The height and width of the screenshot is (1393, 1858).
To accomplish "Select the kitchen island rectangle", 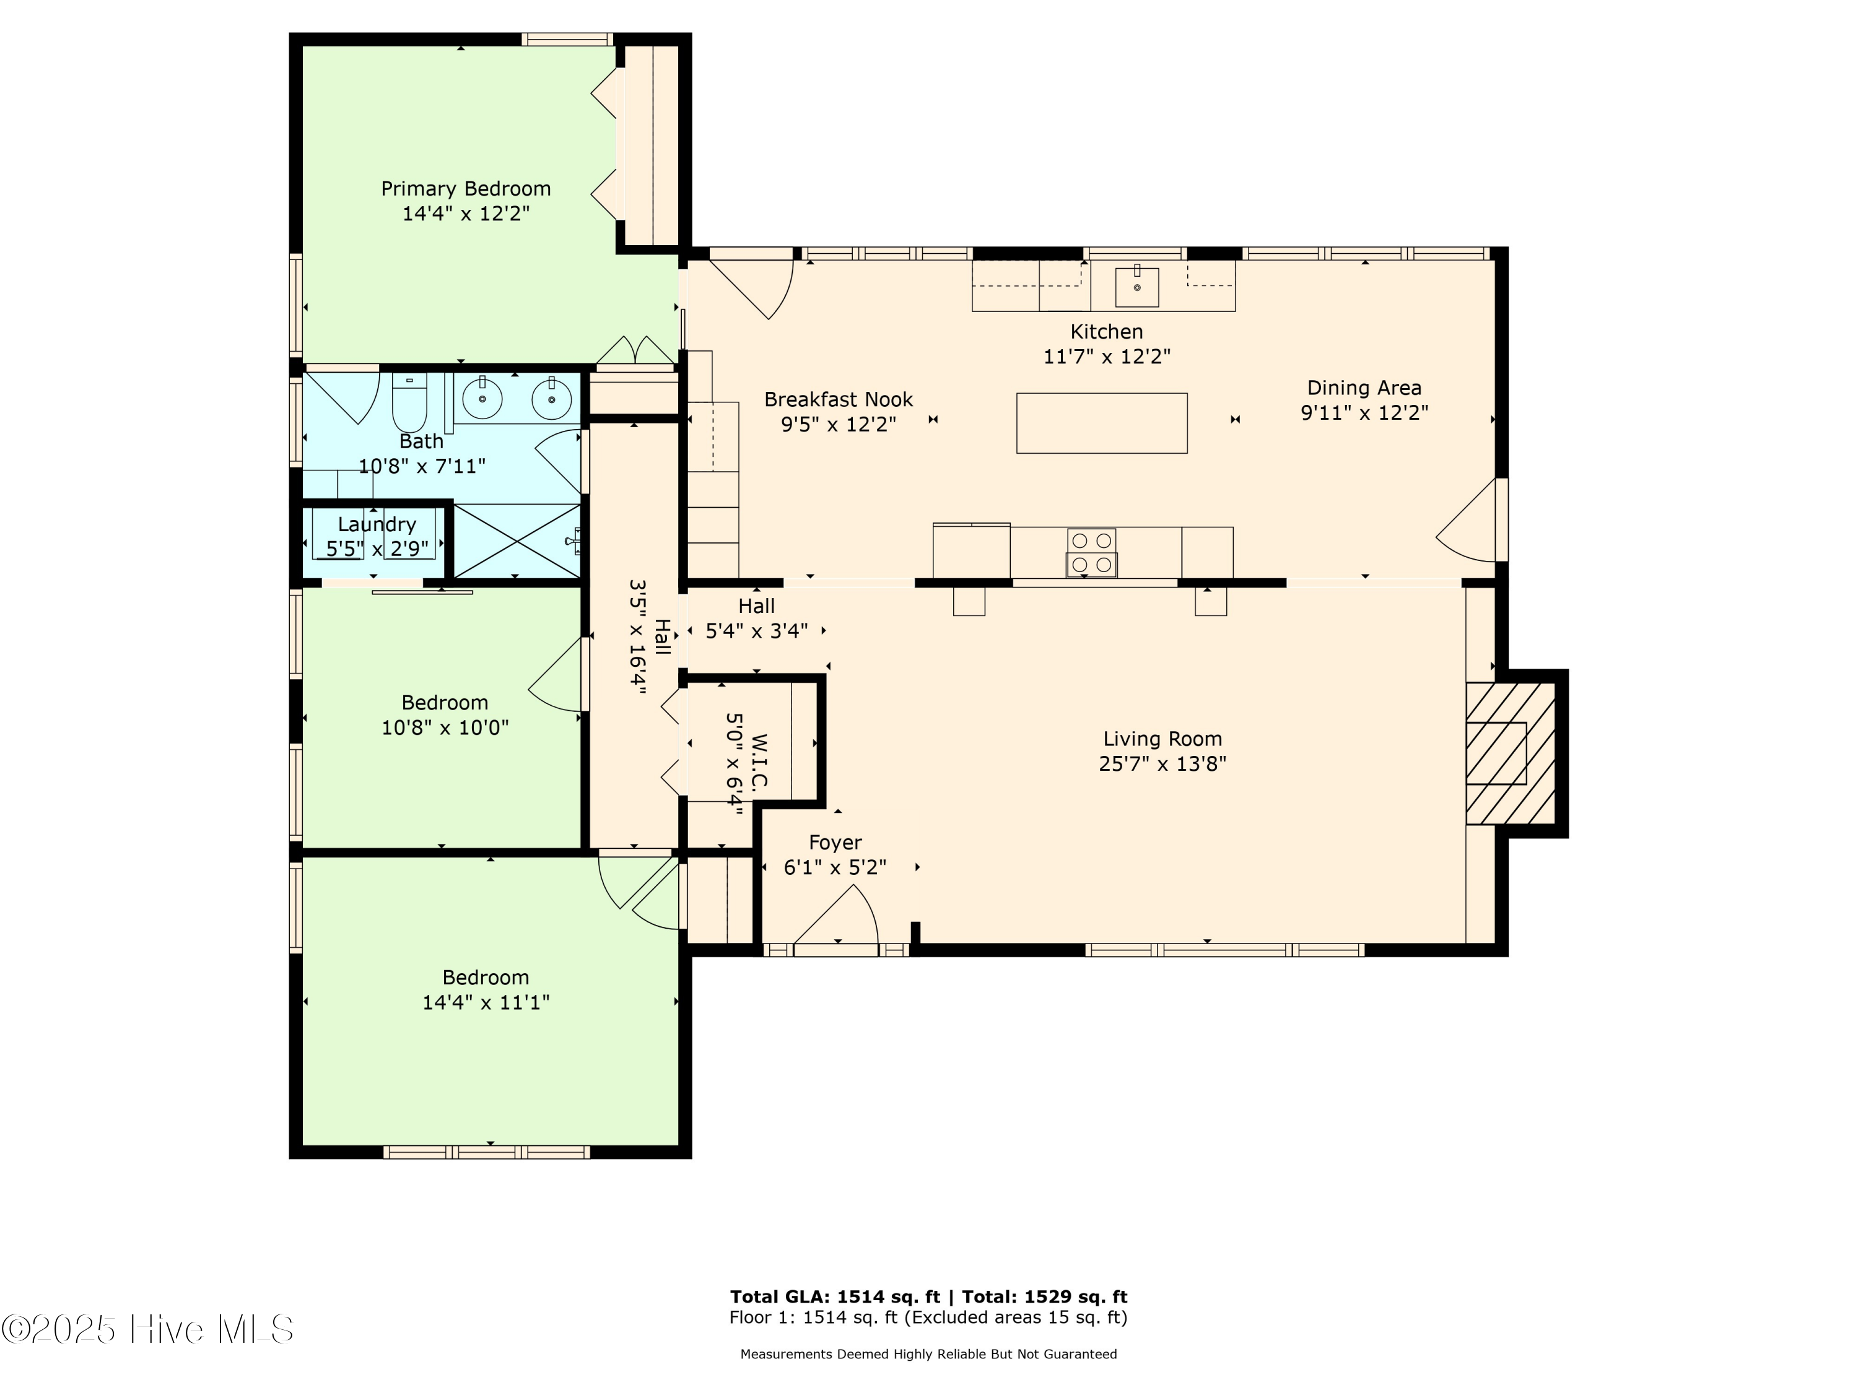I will point(1101,423).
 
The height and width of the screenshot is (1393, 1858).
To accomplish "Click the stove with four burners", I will point(1091,552).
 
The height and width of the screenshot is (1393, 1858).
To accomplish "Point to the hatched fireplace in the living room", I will point(1509,753).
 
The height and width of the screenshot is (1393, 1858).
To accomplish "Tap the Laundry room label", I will point(377,525).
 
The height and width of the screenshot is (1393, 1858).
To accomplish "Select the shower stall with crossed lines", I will point(517,540).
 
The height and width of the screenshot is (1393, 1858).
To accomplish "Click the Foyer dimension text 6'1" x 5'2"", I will point(835,867).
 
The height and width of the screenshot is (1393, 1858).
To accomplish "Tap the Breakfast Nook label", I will point(837,400).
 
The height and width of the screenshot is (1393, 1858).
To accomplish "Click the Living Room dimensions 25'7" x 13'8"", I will point(1162,764).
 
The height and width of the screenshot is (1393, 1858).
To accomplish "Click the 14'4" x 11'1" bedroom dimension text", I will point(486,1002).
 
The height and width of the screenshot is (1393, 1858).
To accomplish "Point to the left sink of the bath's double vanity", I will point(482,399).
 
